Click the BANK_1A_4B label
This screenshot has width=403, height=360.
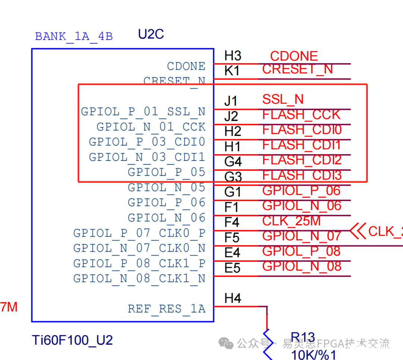tap(74, 37)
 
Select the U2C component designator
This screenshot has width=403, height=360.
tap(151, 34)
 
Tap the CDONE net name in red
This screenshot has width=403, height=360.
tap(294, 56)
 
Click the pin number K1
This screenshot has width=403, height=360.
tap(232, 71)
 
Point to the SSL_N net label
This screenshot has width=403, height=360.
tap(283, 99)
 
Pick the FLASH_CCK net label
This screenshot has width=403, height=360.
tap(301, 115)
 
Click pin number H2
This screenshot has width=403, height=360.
tap(232, 131)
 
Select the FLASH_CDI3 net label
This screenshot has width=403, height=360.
tap(302, 175)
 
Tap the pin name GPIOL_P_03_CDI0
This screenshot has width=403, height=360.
tap(147, 142)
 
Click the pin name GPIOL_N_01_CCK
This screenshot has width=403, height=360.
tap(151, 127)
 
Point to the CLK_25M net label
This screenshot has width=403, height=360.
tap(291, 221)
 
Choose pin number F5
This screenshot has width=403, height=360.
tap(232, 238)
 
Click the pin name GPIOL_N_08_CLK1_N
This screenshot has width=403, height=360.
tap(139, 279)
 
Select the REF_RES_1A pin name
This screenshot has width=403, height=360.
tap(166, 309)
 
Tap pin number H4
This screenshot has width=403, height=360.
tap(233, 298)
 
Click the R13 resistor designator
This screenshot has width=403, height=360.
tap(303, 338)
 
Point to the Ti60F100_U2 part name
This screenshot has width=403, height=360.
tap(72, 340)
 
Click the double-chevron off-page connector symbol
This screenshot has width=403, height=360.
tap(358, 231)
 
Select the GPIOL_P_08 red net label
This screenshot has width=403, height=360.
tap(301, 251)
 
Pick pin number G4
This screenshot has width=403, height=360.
tap(233, 162)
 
